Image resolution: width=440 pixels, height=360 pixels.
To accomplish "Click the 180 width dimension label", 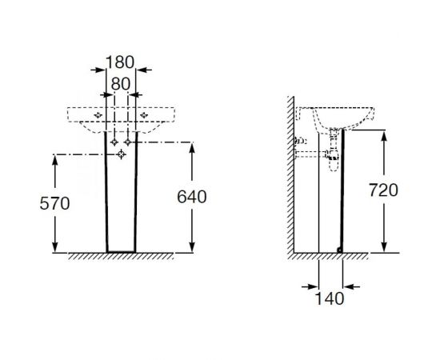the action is pyautogui.click(x=120, y=62).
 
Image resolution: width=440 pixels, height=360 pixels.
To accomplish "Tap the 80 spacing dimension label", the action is pyautogui.click(x=121, y=84).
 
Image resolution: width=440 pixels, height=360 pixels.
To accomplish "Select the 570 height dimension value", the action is pyautogui.click(x=54, y=203).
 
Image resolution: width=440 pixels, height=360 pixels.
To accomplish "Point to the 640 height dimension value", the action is pyautogui.click(x=192, y=197).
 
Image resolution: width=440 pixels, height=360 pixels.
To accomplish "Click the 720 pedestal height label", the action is pyautogui.click(x=383, y=190).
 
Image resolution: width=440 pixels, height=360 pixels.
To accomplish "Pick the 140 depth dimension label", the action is pyautogui.click(x=330, y=298).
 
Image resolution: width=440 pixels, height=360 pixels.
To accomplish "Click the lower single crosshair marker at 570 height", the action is pyautogui.click(x=122, y=154).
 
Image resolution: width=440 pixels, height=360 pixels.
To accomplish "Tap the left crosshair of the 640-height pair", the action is pyautogui.click(x=114, y=142).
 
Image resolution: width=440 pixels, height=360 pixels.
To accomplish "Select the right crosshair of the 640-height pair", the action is pyautogui.click(x=128, y=142).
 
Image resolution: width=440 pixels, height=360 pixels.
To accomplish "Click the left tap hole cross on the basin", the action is pyautogui.click(x=98, y=114).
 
